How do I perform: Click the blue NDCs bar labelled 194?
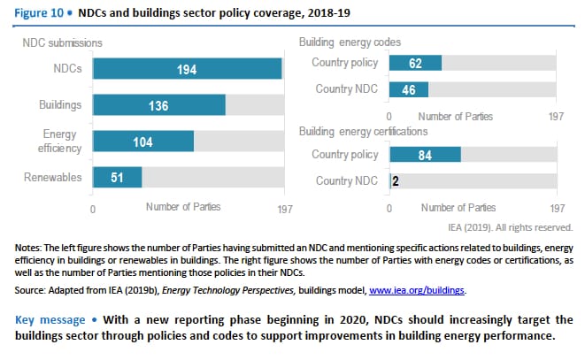point(187,69)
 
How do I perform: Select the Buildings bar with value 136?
point(158,105)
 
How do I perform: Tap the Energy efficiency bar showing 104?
point(142,142)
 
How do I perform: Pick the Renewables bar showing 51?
point(117,177)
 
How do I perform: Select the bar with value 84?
point(425,155)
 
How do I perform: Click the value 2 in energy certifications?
point(394,181)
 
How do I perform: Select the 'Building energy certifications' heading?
point(364,131)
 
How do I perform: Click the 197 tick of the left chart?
point(284,209)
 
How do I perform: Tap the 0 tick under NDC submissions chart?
point(93,209)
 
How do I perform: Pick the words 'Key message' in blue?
point(51,318)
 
